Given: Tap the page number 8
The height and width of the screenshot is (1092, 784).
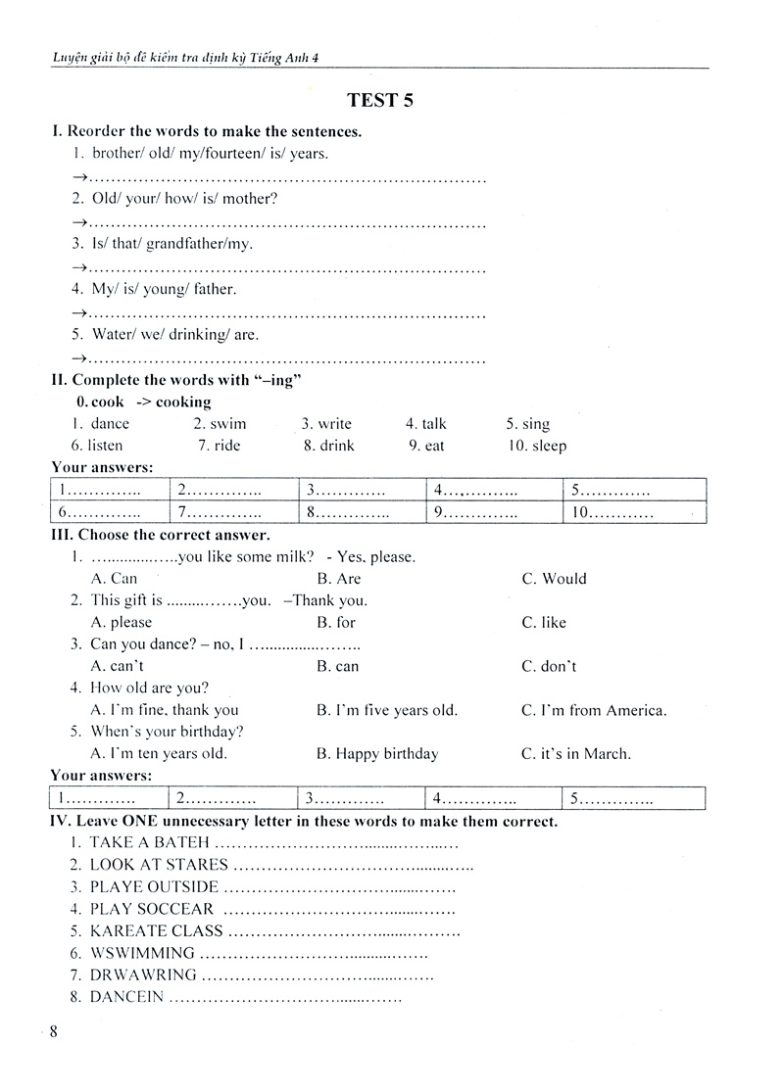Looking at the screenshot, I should coord(54,1031).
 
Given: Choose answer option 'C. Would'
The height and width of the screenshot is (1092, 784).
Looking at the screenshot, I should coord(554,579).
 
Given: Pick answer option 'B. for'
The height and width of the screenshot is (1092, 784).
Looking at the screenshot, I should coord(336,622).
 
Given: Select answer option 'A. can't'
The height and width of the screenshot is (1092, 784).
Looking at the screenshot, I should coord(118,666).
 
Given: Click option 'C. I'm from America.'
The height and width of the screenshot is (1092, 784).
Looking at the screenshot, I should coord(594,710).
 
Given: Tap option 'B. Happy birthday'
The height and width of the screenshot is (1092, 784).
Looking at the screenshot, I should coord(377,753).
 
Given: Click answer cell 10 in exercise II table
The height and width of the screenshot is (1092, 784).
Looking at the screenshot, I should coord(634,511).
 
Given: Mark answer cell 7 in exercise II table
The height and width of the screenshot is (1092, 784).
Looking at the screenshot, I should coord(232,511).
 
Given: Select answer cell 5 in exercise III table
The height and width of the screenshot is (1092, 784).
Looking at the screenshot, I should coord(634,798).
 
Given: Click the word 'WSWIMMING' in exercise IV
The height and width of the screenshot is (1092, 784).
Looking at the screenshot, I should coord(142,952).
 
